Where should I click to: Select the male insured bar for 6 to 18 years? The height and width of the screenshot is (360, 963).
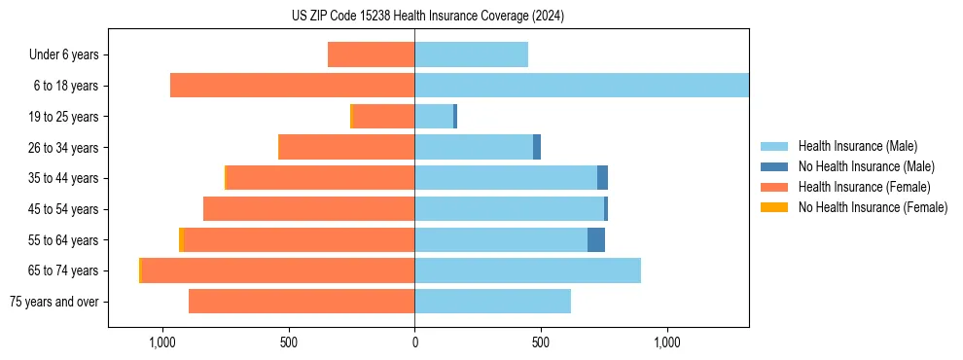click(582, 86)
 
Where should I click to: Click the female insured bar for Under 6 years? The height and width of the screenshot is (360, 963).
click(371, 54)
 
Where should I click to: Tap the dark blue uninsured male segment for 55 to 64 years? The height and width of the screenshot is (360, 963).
click(596, 239)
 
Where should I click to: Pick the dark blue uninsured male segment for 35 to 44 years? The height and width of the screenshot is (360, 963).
click(602, 178)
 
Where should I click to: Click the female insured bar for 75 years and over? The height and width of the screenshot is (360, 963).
click(302, 302)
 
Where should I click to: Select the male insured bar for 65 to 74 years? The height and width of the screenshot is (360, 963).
click(527, 270)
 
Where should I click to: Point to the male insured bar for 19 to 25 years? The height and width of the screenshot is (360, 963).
click(434, 117)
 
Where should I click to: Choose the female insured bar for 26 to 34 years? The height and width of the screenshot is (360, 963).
click(346, 147)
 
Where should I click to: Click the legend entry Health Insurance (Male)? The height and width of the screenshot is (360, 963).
click(857, 146)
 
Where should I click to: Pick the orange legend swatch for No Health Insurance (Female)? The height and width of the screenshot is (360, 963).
click(774, 207)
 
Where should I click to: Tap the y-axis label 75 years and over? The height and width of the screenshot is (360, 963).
click(54, 302)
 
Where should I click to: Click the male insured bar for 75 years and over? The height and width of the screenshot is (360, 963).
click(492, 302)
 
